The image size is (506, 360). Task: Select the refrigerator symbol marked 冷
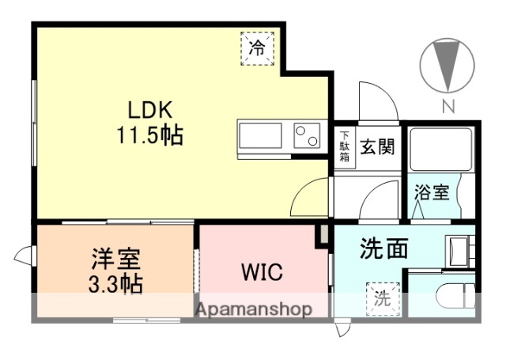pyautogui.click(x=258, y=47)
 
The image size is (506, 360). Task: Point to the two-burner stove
pyautogui.click(x=308, y=136)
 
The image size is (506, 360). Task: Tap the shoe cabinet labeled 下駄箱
pyautogui.click(x=345, y=146)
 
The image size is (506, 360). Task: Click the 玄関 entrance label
pyautogui.click(x=377, y=146)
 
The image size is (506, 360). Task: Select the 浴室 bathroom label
pyautogui.click(x=432, y=192)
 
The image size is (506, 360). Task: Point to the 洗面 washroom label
pyautogui.click(x=384, y=249)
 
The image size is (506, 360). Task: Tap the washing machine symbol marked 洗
pyautogui.click(x=382, y=298)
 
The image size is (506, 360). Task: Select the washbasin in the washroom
pyautogui.click(x=459, y=252)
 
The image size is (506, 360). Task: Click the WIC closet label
pyautogui.click(x=262, y=274)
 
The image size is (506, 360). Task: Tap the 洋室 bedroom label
pyautogui.click(x=115, y=259)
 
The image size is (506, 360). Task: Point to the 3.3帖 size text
pyautogui.click(x=115, y=283)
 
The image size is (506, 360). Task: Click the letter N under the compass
pyautogui.click(x=447, y=107)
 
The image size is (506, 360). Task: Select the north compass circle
pyautogui.click(x=447, y=65)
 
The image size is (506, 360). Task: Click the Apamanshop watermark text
pyautogui.click(x=253, y=309)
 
